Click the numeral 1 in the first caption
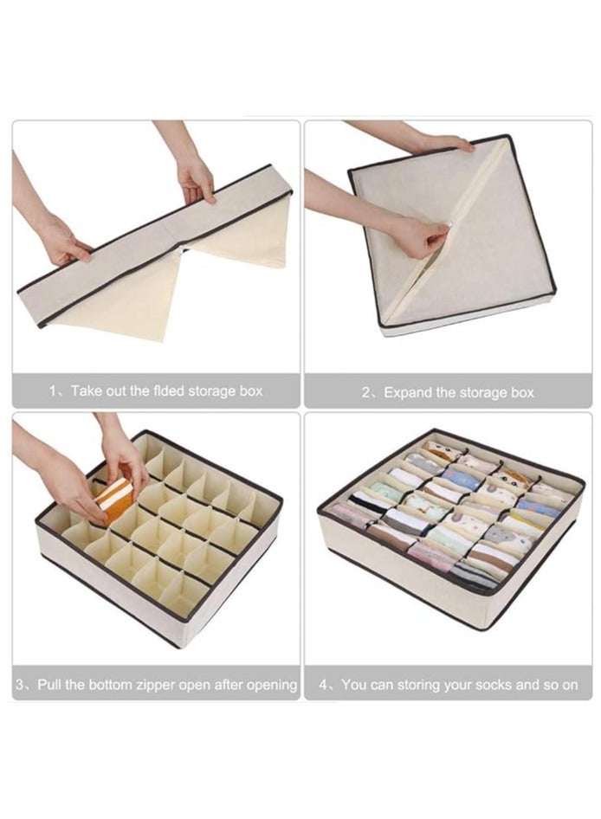pos(52,390)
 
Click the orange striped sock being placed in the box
pos(113,499)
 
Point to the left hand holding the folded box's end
pos(64,243)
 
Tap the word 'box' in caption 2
pos(522,393)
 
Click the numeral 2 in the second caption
pos(365,393)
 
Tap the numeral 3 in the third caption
pos(19,684)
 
